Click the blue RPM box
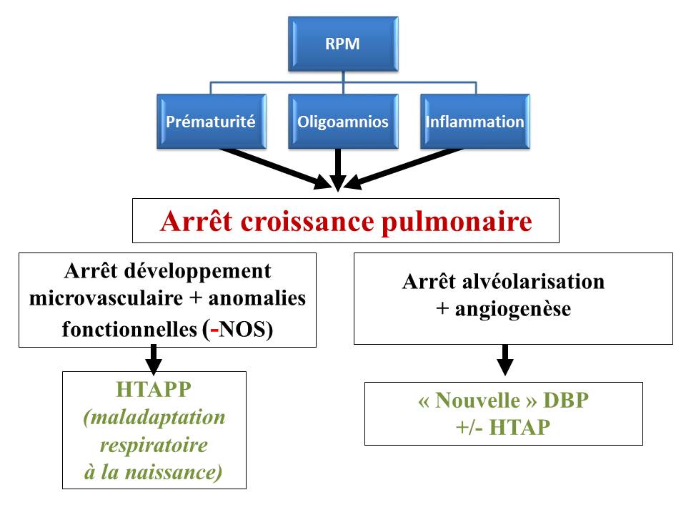(342, 44)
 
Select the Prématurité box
(210, 122)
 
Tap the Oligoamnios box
(342, 122)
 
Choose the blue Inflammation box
(474, 122)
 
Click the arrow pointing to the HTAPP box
(153, 358)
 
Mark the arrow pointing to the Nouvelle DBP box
(504, 360)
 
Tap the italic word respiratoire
(154, 445)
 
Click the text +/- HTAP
(503, 427)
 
